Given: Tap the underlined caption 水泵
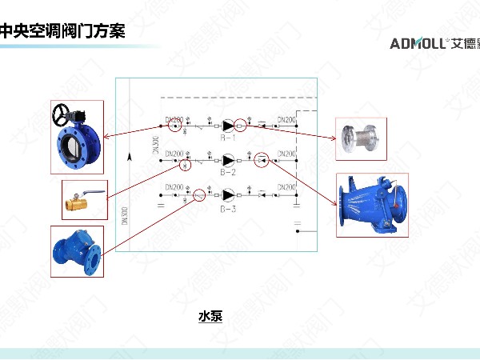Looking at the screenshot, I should click(x=210, y=316).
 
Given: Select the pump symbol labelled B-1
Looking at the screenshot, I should click(x=228, y=126).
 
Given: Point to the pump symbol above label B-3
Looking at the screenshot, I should click(x=228, y=194).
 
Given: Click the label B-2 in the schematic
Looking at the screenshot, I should click(x=228, y=171).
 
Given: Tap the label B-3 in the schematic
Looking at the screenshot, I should click(x=228, y=206).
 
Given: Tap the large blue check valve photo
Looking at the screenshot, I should click(x=374, y=204).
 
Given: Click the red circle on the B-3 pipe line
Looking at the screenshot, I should click(x=200, y=194).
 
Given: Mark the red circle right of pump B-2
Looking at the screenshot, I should click(x=262, y=161).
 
